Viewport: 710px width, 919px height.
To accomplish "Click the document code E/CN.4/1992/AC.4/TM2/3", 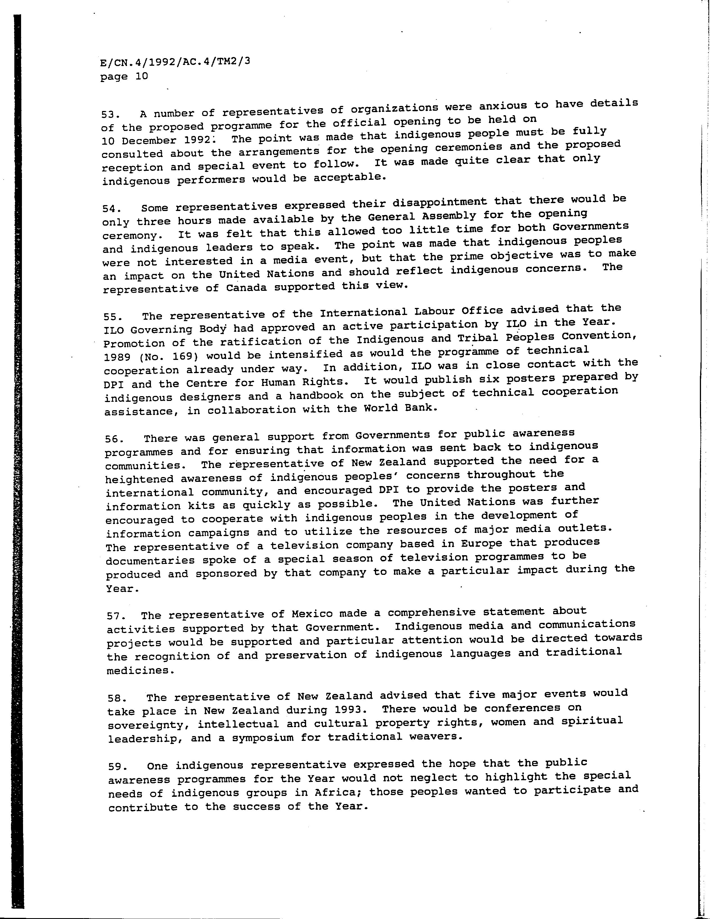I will coord(175,62).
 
